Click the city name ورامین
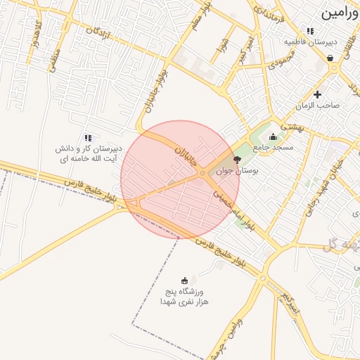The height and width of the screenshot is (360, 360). [x=340, y=13]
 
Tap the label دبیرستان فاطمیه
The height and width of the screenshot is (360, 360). [x=311, y=41]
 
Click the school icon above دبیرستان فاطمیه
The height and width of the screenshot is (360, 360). [x=310, y=31]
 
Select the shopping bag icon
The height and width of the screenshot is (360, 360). [x=330, y=58]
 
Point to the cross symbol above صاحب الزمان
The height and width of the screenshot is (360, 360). [x=318, y=94]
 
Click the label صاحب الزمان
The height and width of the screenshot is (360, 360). [x=318, y=105]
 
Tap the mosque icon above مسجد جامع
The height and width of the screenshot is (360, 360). [x=273, y=136]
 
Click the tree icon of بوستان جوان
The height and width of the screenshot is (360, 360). [x=236, y=160]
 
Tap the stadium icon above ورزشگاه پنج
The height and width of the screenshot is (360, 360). [x=185, y=281]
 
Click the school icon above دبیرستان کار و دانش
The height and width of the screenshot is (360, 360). [x=88, y=138]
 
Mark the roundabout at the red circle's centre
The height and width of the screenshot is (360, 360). [x=202, y=173]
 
